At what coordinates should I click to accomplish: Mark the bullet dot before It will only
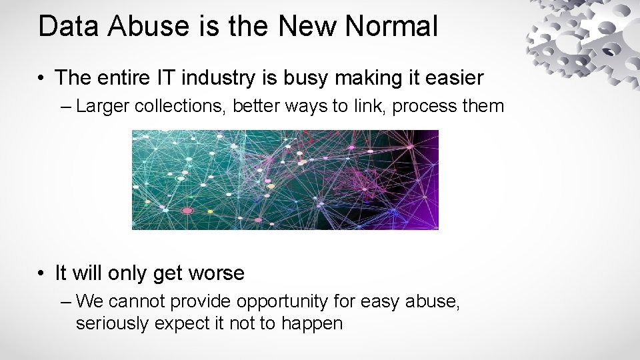[42, 273]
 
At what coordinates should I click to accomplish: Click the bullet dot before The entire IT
[42, 79]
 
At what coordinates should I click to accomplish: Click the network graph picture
[285, 179]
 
